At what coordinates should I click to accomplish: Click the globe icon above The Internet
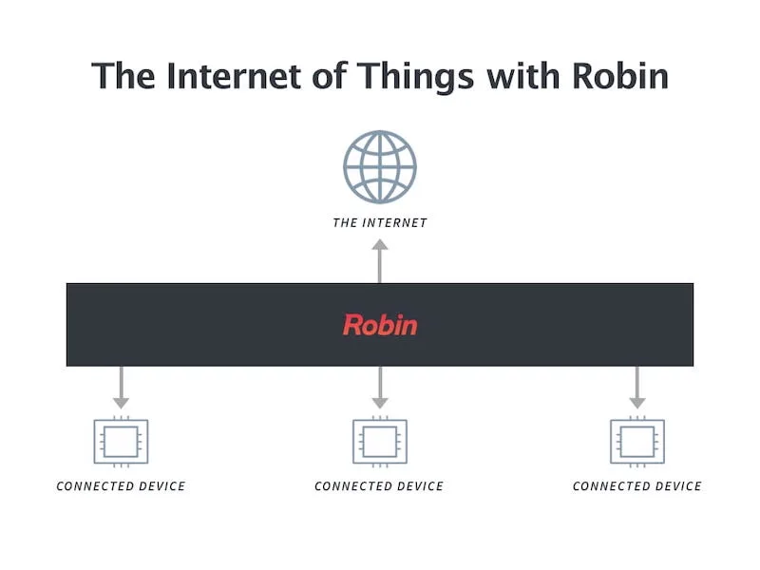tap(380, 167)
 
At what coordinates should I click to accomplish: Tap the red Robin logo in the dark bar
tap(380, 325)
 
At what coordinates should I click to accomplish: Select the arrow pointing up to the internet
tap(380, 260)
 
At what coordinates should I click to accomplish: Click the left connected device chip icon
tap(121, 441)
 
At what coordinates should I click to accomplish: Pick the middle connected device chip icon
tap(380, 441)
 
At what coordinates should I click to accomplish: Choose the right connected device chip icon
tap(637, 441)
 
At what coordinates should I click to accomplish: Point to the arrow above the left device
tap(121, 387)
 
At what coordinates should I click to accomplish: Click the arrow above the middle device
tap(380, 387)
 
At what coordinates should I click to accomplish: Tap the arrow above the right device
tap(637, 387)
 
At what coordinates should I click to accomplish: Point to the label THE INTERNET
tap(380, 223)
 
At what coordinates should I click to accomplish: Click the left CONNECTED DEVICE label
tap(121, 486)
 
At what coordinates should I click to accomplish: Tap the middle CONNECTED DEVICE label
tap(379, 486)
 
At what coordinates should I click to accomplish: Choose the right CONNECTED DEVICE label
tap(637, 486)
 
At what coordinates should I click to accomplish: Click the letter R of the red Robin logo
tap(352, 325)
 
